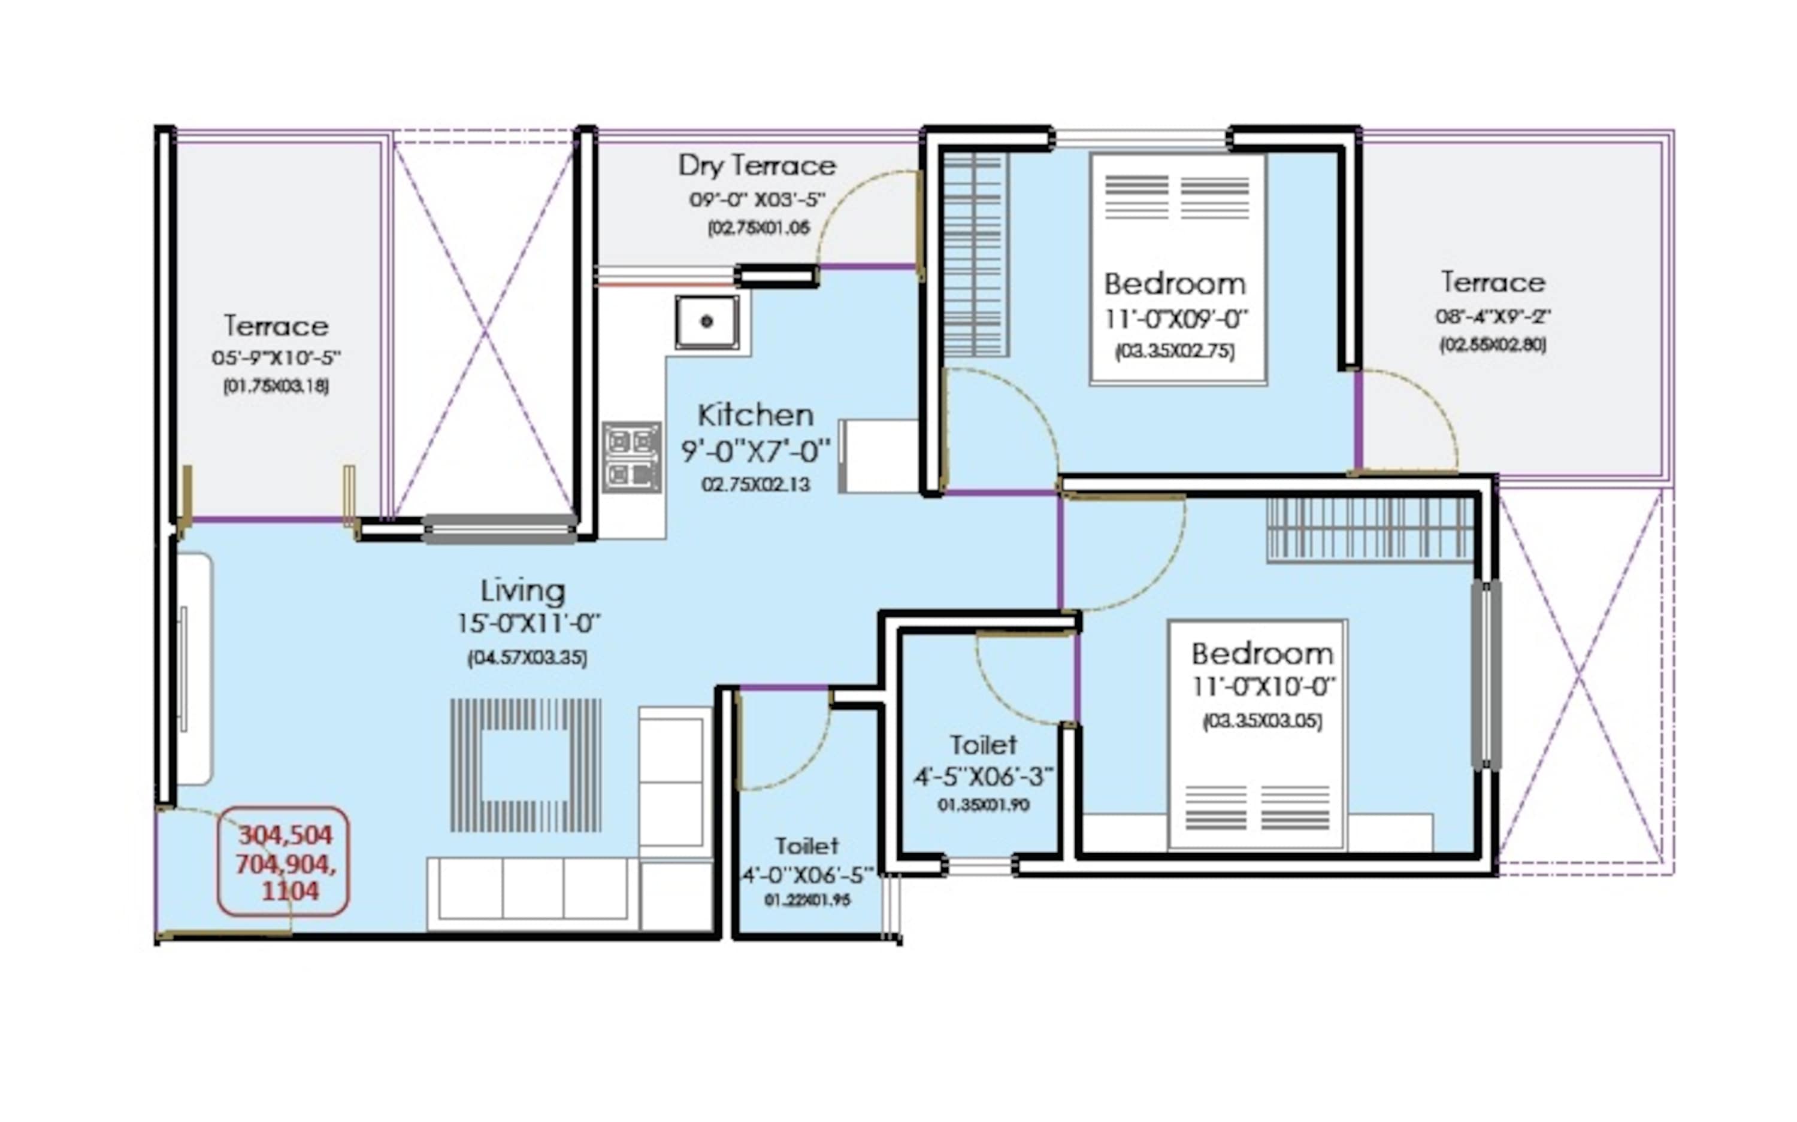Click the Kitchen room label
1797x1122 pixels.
coord(755,415)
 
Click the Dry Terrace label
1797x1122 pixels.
coord(757,165)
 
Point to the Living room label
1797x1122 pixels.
coord(522,592)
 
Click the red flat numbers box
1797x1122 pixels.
coord(283,862)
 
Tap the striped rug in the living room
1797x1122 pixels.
coord(525,765)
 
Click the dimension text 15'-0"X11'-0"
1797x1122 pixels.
coord(528,623)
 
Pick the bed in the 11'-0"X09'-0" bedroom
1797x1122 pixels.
coord(1177,269)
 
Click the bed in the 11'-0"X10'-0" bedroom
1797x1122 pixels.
coord(1257,735)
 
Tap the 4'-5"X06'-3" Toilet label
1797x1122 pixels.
coord(983,744)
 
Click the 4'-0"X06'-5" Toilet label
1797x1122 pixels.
coord(806,846)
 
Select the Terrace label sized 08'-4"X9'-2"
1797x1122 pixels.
coord(1493,283)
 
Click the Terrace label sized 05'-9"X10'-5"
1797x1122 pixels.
coord(276,326)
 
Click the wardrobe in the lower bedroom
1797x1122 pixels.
coord(1370,528)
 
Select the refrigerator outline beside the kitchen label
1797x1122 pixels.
coord(878,456)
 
